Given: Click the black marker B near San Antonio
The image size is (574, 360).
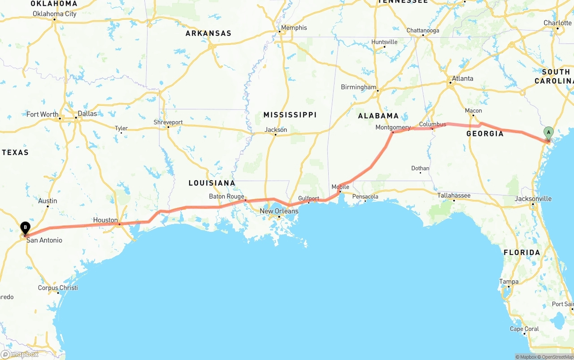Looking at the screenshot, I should point(25,227).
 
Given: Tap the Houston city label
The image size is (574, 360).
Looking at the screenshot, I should point(105,220).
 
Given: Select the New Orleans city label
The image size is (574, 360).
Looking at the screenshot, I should point(279,211).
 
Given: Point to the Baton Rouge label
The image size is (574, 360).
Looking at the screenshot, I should point(226,196).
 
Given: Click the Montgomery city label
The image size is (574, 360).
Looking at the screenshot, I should point(393,127).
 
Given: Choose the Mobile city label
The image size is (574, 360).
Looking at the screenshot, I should point(340,187).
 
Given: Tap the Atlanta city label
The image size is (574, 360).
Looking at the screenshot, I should point(462,78).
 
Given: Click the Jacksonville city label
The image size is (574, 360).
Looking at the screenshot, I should point(533,199).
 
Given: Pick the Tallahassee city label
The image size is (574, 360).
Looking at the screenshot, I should point(454,195).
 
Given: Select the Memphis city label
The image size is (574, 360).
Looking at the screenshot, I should point(294,28).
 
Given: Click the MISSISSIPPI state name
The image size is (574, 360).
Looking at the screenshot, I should point(290,115).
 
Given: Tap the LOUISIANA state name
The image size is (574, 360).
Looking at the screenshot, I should point(212,183).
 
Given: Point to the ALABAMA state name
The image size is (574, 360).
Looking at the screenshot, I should point(378,116).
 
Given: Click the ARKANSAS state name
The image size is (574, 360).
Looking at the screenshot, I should point(209,33).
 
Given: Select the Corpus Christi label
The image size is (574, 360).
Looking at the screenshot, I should point(58,288).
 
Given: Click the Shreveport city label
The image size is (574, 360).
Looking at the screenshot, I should point(168,122).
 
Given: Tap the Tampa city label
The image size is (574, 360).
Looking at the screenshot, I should point(509,282).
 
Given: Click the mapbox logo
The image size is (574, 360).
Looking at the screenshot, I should point(20,354).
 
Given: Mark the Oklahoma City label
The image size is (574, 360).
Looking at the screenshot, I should point(55,14).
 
